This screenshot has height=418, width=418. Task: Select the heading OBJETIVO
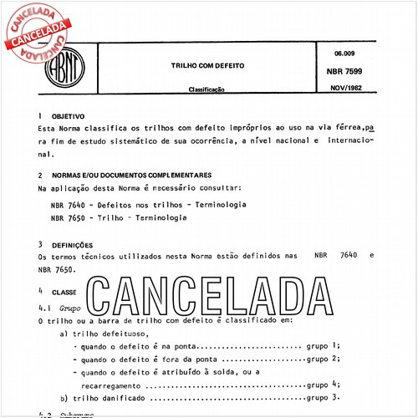(68, 118)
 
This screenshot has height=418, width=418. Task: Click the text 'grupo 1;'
(324, 345)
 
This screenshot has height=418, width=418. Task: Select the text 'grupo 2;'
(324, 359)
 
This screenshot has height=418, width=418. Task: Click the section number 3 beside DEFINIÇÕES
(41, 245)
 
